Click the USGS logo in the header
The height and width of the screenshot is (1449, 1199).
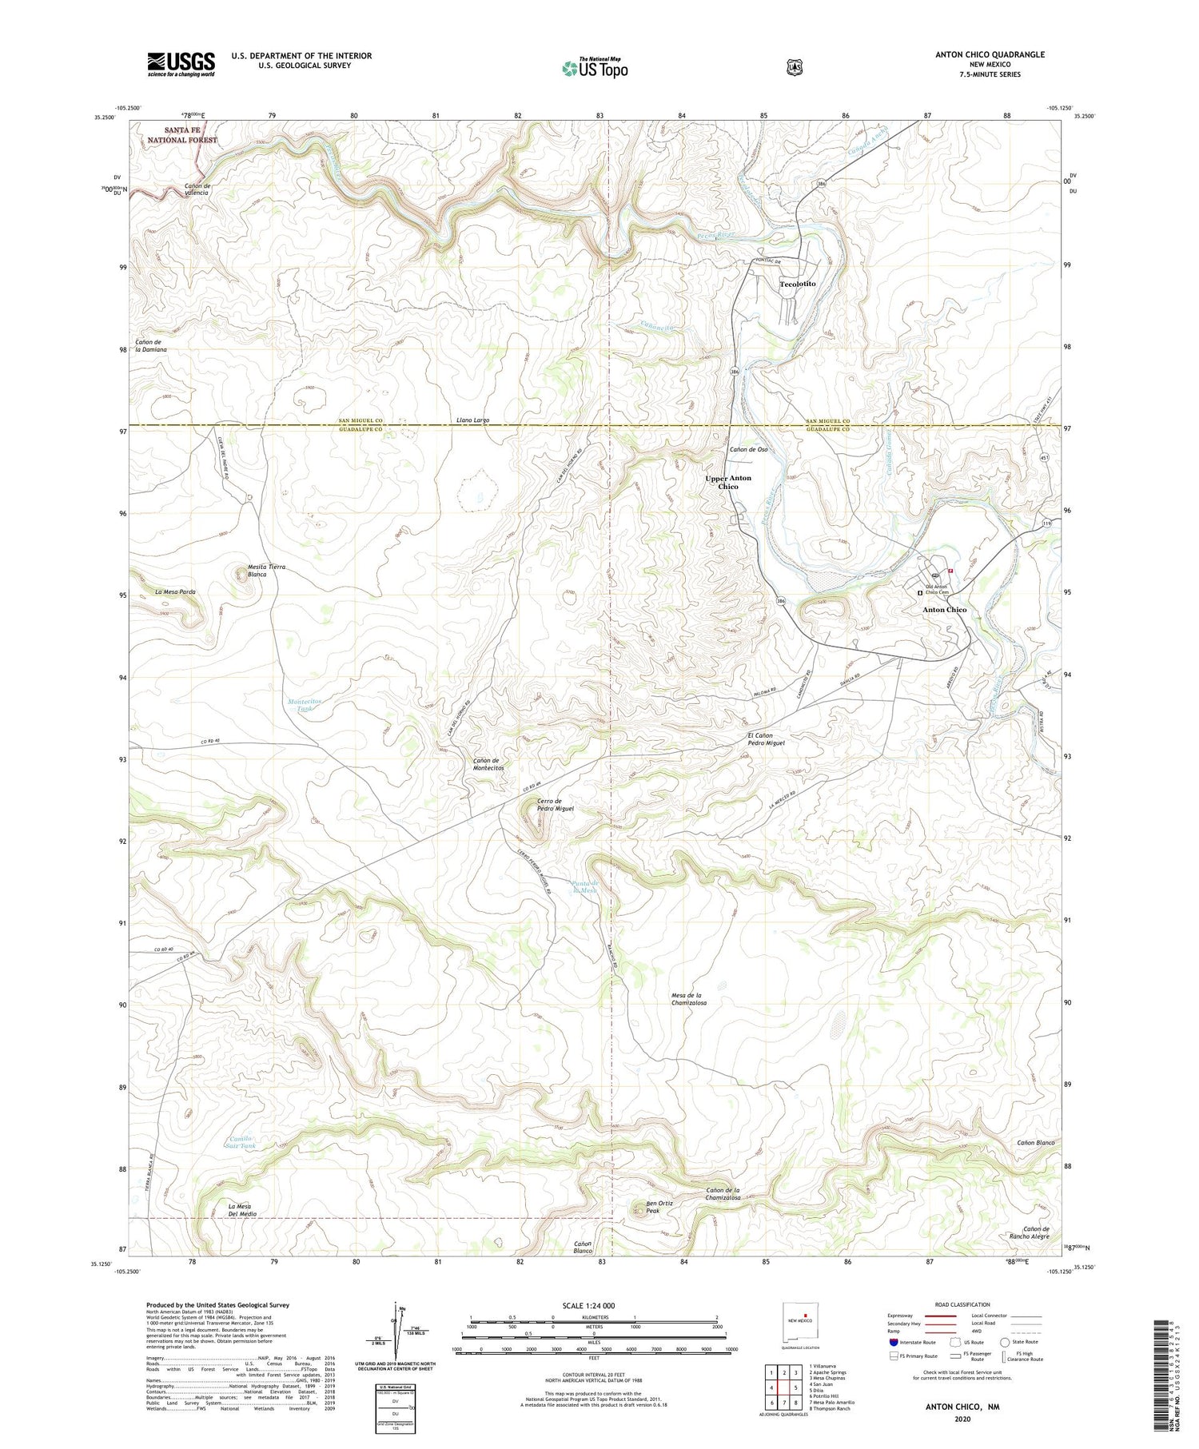(181, 64)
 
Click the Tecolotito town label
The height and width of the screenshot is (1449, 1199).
(798, 284)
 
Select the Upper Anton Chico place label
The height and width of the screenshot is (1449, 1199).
(728, 482)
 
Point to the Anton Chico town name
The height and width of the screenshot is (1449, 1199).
(944, 610)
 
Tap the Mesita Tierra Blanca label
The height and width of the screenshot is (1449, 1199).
(266, 571)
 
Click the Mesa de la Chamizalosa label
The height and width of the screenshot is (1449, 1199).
(688, 999)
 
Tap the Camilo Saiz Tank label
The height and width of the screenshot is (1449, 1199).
(242, 1142)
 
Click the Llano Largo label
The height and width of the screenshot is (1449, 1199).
(472, 420)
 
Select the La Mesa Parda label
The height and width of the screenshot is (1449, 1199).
(175, 592)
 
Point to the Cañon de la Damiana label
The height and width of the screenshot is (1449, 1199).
(151, 346)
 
